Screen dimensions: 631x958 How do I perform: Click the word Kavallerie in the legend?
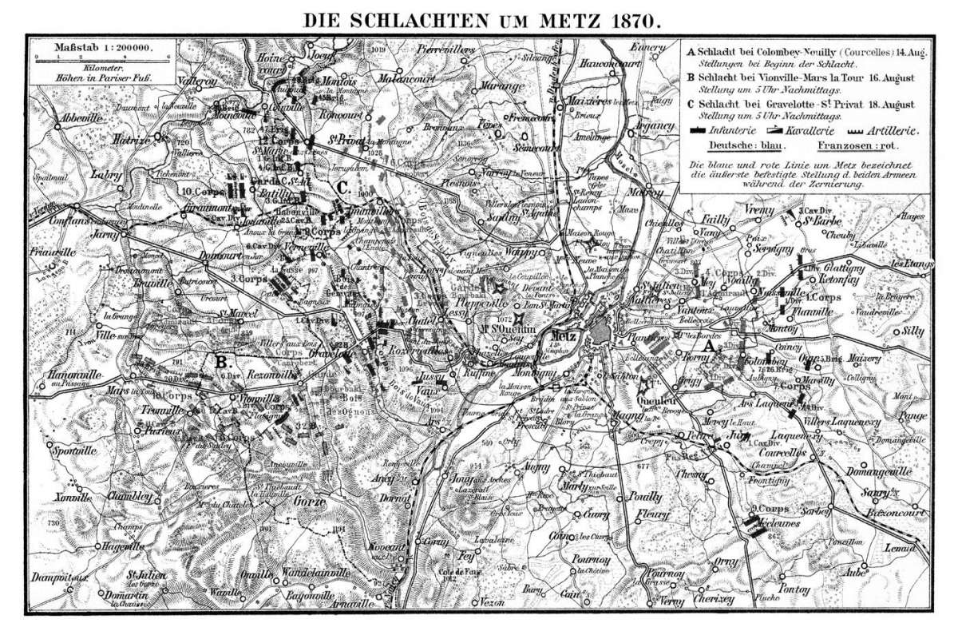[x=822, y=129]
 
